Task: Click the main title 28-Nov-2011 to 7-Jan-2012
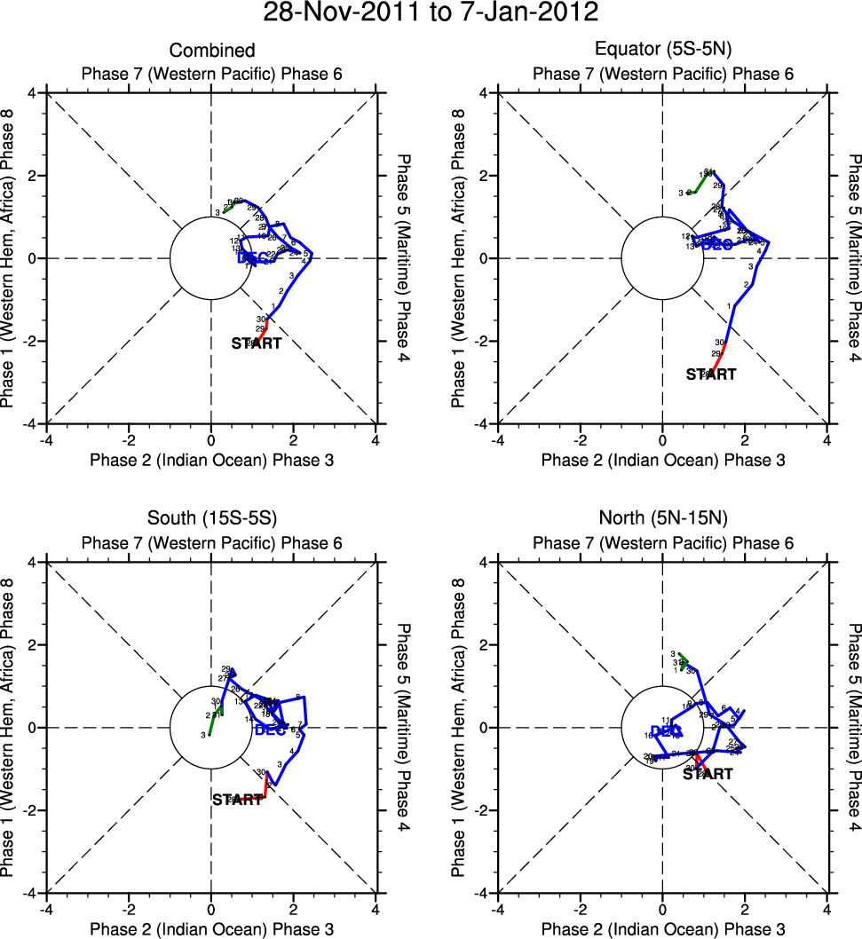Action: pos(431,13)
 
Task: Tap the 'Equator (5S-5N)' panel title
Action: pos(662,51)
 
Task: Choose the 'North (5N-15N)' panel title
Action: pos(662,520)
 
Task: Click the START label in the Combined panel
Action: pos(257,343)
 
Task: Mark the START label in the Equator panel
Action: pos(711,375)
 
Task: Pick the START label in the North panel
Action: pos(708,774)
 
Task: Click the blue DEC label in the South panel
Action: pos(270,730)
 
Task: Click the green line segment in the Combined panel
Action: pos(231,207)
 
